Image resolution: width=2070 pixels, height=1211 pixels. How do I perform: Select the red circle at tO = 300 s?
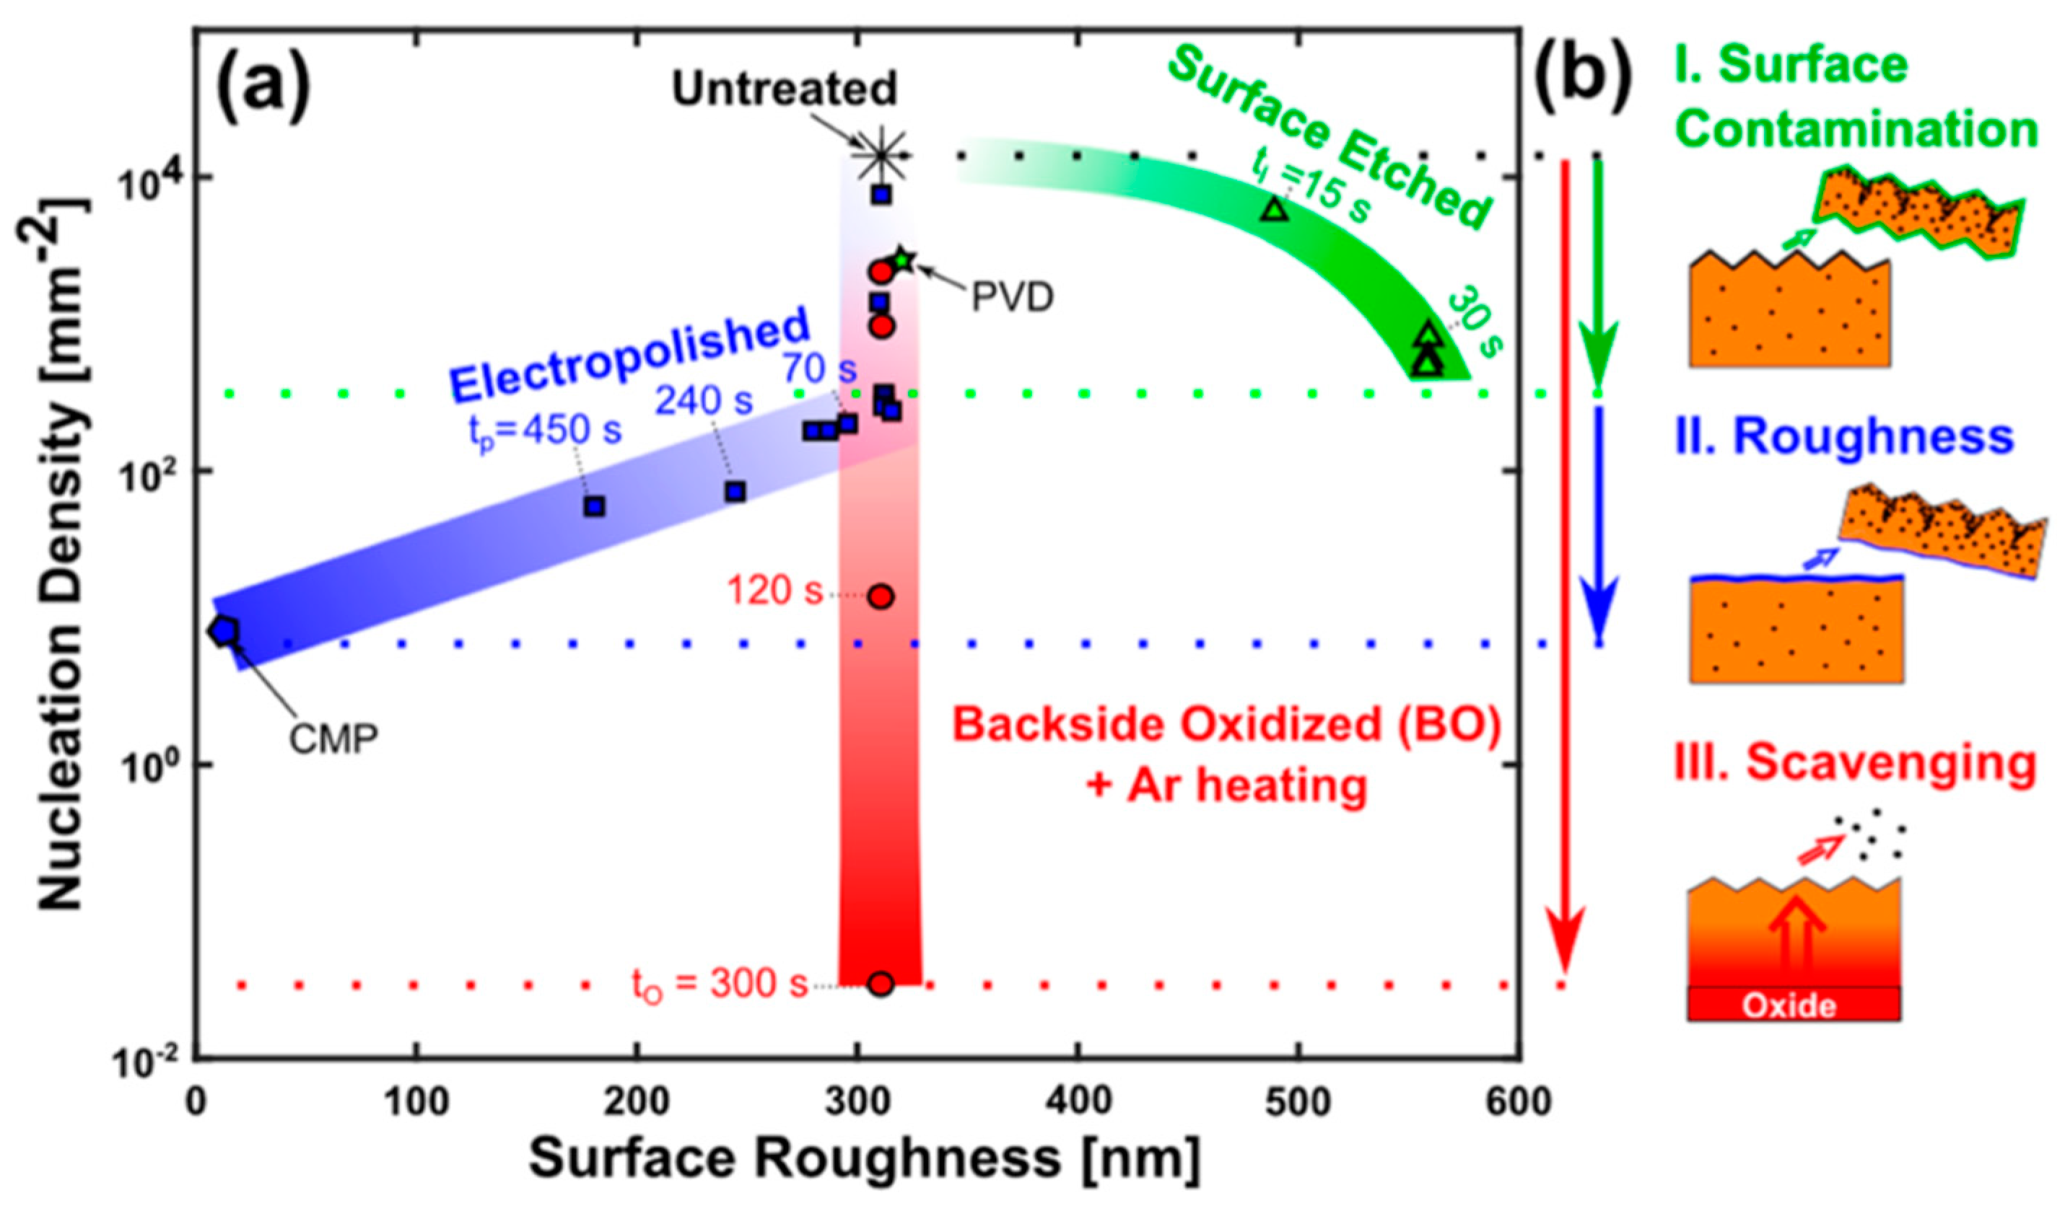point(881,984)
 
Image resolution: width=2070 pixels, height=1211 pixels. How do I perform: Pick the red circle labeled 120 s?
point(881,597)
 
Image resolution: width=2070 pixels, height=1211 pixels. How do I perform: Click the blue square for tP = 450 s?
point(594,506)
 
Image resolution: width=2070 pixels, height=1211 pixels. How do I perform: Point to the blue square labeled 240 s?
point(735,492)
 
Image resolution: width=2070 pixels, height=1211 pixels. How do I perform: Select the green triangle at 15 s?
point(1275,210)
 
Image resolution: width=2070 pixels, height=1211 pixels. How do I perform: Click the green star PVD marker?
point(903,260)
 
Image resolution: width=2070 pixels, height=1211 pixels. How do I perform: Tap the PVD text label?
point(1012,298)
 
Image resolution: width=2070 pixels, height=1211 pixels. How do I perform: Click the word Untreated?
point(785,89)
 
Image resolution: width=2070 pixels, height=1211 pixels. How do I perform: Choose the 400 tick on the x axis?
point(1078,1103)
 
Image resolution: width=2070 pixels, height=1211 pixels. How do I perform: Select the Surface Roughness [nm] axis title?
point(862,1159)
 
